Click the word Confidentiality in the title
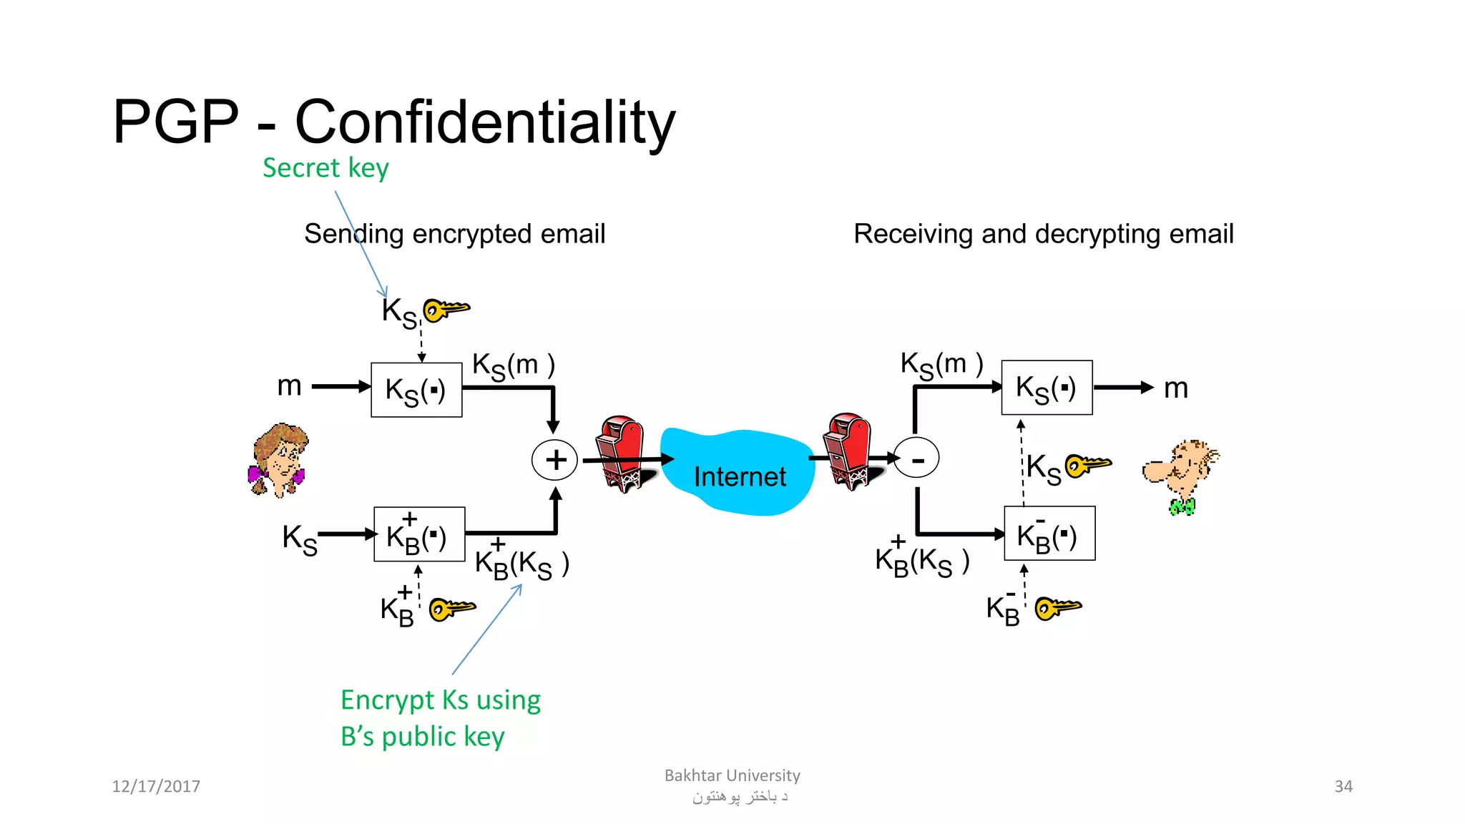pos(485,122)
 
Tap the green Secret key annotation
pos(325,168)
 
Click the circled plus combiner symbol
pos(555,460)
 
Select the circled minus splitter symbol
pos(916,458)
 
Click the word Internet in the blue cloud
pos(740,476)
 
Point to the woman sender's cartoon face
pos(278,460)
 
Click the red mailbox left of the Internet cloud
pos(621,453)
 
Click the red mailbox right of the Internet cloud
pos(849,451)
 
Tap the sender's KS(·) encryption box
pos(416,390)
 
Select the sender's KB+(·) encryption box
pos(419,535)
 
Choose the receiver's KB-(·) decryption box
pos(1049,534)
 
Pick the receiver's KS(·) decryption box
pos(1047,388)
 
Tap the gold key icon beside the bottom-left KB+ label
pos(451,609)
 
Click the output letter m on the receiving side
pos(1176,388)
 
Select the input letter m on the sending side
pos(289,386)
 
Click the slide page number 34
pos(1343,786)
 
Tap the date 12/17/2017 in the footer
pos(156,786)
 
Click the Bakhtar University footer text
pos(732,775)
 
